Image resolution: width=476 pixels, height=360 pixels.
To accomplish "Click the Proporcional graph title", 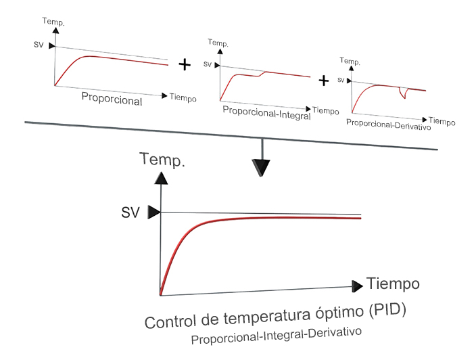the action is [112, 99].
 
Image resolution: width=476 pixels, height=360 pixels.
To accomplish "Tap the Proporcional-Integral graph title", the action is [266, 113].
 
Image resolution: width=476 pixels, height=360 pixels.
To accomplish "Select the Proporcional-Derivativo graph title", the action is [388, 125].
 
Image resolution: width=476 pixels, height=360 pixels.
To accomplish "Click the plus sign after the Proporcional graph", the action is [185, 64].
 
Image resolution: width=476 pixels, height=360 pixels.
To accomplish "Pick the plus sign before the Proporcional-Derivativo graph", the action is [324, 81].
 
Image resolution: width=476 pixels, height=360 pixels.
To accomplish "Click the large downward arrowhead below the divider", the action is [261, 168].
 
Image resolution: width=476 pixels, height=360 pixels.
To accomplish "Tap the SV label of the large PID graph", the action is [130, 212].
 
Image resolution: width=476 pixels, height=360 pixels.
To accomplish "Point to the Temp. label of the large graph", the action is [162, 160].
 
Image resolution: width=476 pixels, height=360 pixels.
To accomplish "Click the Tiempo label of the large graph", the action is [393, 284].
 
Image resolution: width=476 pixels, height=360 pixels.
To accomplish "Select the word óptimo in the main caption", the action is [339, 313].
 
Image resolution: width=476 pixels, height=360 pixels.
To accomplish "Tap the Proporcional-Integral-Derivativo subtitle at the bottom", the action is [277, 335].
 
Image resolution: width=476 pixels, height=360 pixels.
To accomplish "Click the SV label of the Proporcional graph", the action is [39, 45].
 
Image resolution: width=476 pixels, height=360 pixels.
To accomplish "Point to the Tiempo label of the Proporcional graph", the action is [183, 97].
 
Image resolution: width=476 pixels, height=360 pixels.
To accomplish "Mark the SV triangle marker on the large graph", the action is [153, 212].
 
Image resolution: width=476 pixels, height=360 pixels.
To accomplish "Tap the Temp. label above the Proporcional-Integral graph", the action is [218, 43].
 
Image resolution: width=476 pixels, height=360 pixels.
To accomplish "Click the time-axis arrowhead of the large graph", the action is [357, 286].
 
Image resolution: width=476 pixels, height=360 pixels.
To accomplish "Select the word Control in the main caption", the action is [170, 321].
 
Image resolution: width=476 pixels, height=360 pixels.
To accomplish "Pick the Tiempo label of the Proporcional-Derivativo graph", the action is [442, 121].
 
